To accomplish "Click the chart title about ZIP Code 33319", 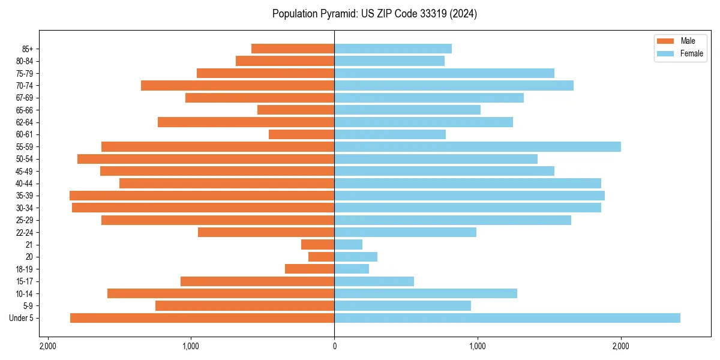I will (x=374, y=14).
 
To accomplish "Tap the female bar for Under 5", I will (x=507, y=318).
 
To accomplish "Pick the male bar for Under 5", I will (x=202, y=318).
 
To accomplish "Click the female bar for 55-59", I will (x=478, y=146).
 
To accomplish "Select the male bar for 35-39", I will (x=202, y=196).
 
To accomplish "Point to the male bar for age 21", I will (x=317, y=245).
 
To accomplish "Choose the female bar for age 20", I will (x=356, y=257).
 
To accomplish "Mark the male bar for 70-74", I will (x=238, y=85).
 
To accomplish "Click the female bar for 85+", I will (x=393, y=49).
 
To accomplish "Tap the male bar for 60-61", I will (x=301, y=134).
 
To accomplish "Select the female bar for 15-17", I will (x=374, y=281).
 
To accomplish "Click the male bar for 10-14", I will (x=221, y=293).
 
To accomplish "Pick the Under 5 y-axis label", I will (x=21, y=318).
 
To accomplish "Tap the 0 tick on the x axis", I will (x=334, y=346).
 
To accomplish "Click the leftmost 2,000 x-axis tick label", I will (x=47, y=346).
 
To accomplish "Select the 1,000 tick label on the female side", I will (x=478, y=346).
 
